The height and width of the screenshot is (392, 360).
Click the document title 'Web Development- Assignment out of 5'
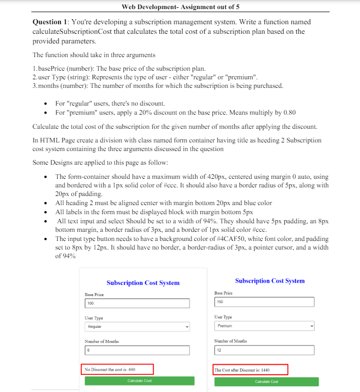tap(181, 7)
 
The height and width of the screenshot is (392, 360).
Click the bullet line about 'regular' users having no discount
tap(110, 103)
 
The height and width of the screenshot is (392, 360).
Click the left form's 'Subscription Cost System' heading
tap(143, 283)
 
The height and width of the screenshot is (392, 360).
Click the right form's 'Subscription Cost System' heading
tap(270, 281)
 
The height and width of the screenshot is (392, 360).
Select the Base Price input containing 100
tap(137, 303)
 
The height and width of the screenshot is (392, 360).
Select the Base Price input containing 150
tap(264, 302)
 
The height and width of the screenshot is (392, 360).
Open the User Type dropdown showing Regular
tap(137, 327)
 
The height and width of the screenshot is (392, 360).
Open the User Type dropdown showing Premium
tap(264, 326)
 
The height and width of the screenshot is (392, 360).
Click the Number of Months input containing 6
tap(137, 350)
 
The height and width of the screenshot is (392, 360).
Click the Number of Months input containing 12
tap(264, 350)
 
